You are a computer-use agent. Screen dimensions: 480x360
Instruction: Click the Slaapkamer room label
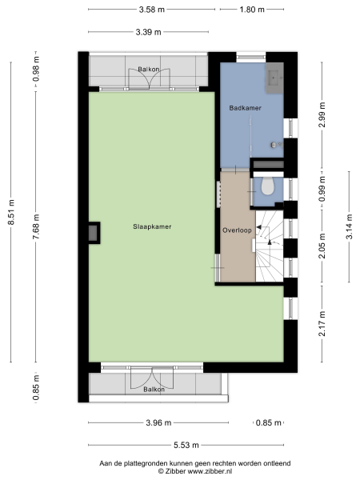point(152,226)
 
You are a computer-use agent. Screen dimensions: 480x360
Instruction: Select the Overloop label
point(237,230)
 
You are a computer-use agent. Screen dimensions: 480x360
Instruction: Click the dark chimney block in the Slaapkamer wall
point(94,231)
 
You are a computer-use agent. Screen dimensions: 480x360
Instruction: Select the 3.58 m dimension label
point(150,10)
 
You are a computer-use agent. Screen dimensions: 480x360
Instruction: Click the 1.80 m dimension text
point(252,10)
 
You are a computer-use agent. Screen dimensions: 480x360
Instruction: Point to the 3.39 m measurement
point(147,32)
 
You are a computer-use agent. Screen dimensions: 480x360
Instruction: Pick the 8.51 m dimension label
point(11,212)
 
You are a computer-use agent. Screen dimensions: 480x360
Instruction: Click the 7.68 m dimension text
point(35,226)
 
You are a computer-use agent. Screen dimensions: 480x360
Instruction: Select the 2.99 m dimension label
point(322,117)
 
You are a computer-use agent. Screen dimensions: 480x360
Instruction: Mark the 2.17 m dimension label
point(322,328)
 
